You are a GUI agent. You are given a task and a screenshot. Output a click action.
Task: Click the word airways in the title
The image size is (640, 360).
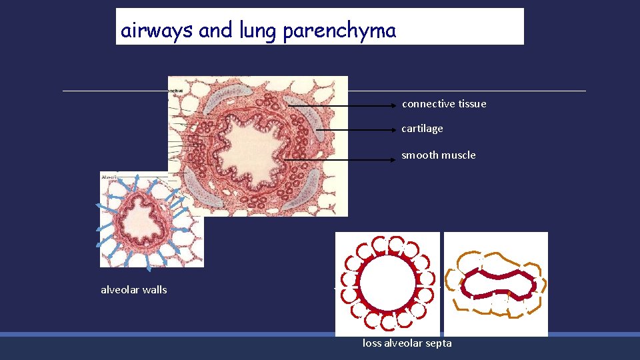[156, 31]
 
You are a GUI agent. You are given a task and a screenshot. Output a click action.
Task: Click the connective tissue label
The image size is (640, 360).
[444, 104]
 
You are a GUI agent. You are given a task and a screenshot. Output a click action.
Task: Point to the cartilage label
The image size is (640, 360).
[422, 129]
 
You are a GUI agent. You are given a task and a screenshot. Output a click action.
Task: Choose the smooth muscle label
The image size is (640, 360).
[439, 155]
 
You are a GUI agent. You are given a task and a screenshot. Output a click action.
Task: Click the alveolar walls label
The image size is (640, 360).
[133, 290]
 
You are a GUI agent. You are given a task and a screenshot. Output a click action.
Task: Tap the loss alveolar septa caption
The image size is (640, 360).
[407, 343]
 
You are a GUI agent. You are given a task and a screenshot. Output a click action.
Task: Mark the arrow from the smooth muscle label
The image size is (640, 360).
[340, 160]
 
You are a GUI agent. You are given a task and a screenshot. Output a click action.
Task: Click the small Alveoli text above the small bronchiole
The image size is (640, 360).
[109, 176]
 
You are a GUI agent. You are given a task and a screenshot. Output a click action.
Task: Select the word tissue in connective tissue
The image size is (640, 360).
[473, 104]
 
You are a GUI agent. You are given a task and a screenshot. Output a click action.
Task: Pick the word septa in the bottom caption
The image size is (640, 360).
[438, 343]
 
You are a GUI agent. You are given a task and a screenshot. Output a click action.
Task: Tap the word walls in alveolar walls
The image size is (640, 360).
[155, 290]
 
